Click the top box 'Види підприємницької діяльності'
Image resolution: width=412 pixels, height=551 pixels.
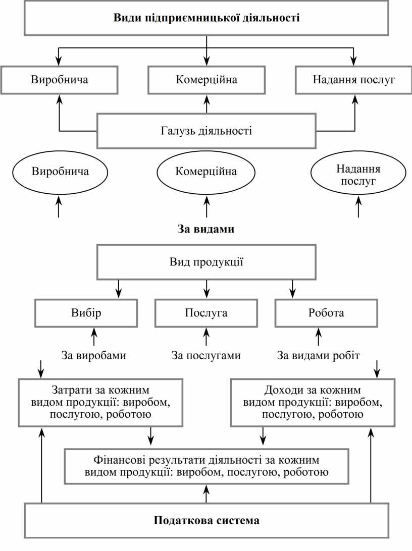(206, 19)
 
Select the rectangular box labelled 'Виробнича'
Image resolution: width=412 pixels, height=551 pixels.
(59, 80)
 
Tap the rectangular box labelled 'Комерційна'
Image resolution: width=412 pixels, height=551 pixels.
(206, 80)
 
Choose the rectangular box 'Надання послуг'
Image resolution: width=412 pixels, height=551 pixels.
(353, 80)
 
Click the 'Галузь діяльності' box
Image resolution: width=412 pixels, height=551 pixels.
(206, 131)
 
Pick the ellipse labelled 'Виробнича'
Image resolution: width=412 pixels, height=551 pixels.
(60, 172)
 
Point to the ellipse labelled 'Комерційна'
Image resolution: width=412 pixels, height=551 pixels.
(206, 172)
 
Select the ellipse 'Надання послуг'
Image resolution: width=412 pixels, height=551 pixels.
(358, 175)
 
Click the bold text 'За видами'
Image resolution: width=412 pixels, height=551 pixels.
(206, 229)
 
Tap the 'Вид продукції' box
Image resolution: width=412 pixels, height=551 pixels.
(206, 262)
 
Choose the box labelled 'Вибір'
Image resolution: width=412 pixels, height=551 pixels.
(86, 313)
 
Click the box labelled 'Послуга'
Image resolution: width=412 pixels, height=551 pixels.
(206, 313)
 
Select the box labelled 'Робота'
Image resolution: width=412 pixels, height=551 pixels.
(326, 313)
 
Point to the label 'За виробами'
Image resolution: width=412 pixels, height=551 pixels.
(93, 355)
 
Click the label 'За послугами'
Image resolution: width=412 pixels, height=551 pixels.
(206, 355)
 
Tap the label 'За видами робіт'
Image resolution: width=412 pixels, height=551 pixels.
(318, 355)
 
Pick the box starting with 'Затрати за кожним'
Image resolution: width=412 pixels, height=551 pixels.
(100, 403)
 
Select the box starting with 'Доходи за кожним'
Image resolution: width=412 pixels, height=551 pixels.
(312, 403)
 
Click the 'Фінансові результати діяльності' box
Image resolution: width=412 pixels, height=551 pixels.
(206, 466)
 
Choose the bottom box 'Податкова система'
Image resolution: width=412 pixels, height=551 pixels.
(206, 520)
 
